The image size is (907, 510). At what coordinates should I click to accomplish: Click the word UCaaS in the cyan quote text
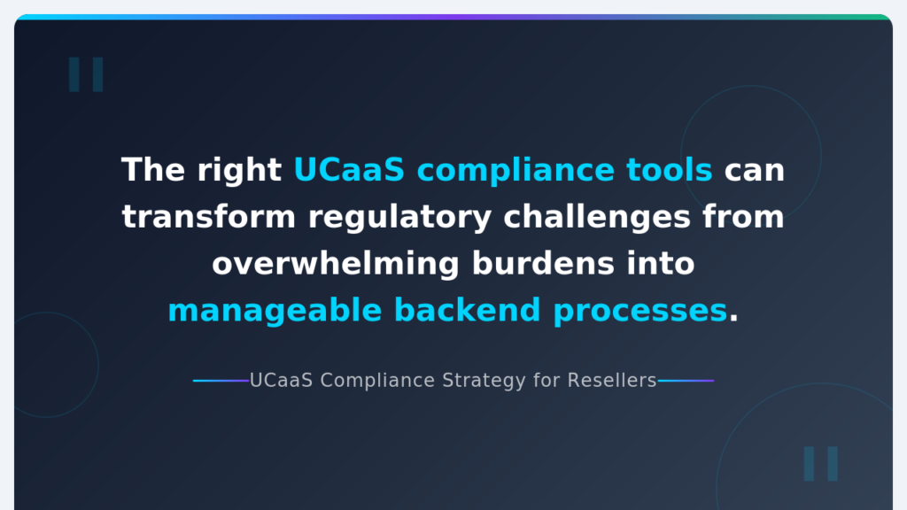pyautogui.click(x=349, y=170)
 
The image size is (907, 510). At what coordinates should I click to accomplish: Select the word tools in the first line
pyautogui.click(x=670, y=170)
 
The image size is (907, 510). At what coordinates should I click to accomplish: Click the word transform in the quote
pyautogui.click(x=209, y=217)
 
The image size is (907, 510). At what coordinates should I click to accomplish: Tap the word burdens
pyautogui.click(x=543, y=264)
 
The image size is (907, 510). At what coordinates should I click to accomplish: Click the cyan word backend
pyautogui.click(x=468, y=311)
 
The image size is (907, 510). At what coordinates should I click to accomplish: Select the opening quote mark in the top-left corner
pyautogui.click(x=86, y=74)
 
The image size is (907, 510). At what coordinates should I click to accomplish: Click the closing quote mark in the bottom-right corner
pyautogui.click(x=821, y=463)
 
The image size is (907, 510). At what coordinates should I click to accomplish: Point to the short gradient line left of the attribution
pyautogui.click(x=221, y=381)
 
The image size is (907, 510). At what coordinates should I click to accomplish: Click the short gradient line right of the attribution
pyautogui.click(x=686, y=381)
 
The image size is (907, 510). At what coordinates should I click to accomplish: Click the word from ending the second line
pyautogui.click(x=743, y=217)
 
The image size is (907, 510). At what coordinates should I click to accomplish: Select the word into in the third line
pyautogui.click(x=661, y=264)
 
